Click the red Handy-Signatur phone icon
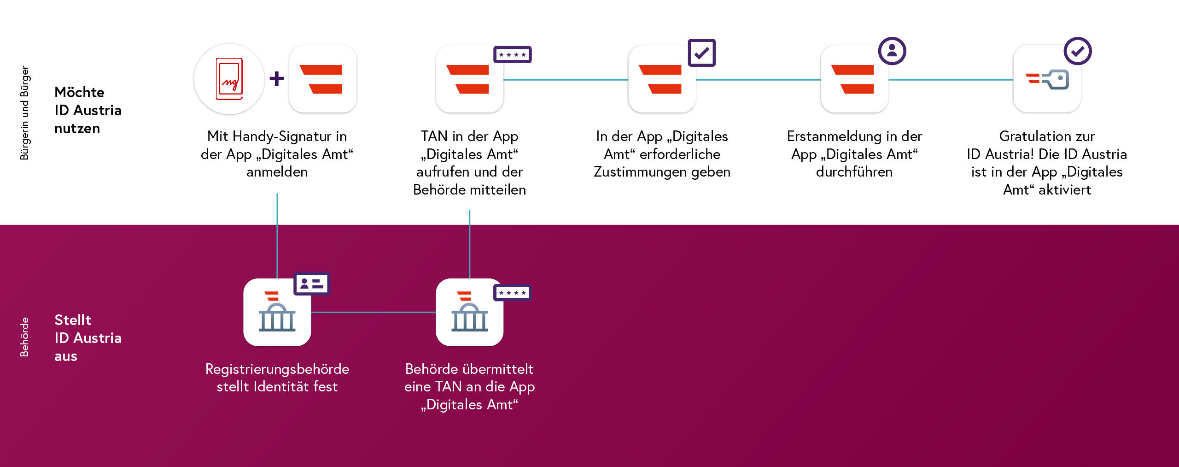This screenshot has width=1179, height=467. (229, 79)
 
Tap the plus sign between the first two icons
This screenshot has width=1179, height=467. (277, 78)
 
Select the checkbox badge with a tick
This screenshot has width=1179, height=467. (701, 53)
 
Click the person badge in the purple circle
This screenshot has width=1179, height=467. (892, 51)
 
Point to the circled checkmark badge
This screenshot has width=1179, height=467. (1078, 51)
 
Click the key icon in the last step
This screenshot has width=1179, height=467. (1048, 80)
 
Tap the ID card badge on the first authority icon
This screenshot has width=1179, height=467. (312, 284)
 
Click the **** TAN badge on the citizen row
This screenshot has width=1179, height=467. (513, 54)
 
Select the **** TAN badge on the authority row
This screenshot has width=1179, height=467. (513, 292)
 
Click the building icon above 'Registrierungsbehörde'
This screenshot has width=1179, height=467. (277, 312)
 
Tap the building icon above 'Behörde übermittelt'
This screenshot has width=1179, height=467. (470, 312)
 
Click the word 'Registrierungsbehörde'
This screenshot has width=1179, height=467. (277, 369)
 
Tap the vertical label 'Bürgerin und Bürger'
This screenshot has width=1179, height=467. (24, 113)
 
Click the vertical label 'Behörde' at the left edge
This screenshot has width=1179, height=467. (24, 337)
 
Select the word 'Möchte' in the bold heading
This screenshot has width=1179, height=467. (80, 92)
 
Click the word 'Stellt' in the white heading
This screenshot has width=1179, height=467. (73, 319)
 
